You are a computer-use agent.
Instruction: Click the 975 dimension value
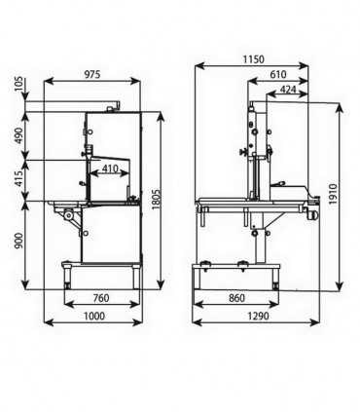click(92, 74)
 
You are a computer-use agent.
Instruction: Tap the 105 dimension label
click(19, 83)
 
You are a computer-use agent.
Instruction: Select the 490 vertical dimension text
click(19, 135)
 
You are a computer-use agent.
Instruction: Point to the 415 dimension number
click(19, 179)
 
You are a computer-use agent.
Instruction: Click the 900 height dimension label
click(19, 241)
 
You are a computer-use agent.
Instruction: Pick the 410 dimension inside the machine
click(110, 169)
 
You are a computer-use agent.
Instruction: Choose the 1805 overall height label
click(157, 200)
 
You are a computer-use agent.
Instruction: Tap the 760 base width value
click(101, 298)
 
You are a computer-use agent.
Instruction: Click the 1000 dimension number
click(94, 316)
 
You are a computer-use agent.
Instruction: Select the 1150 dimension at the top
click(254, 59)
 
